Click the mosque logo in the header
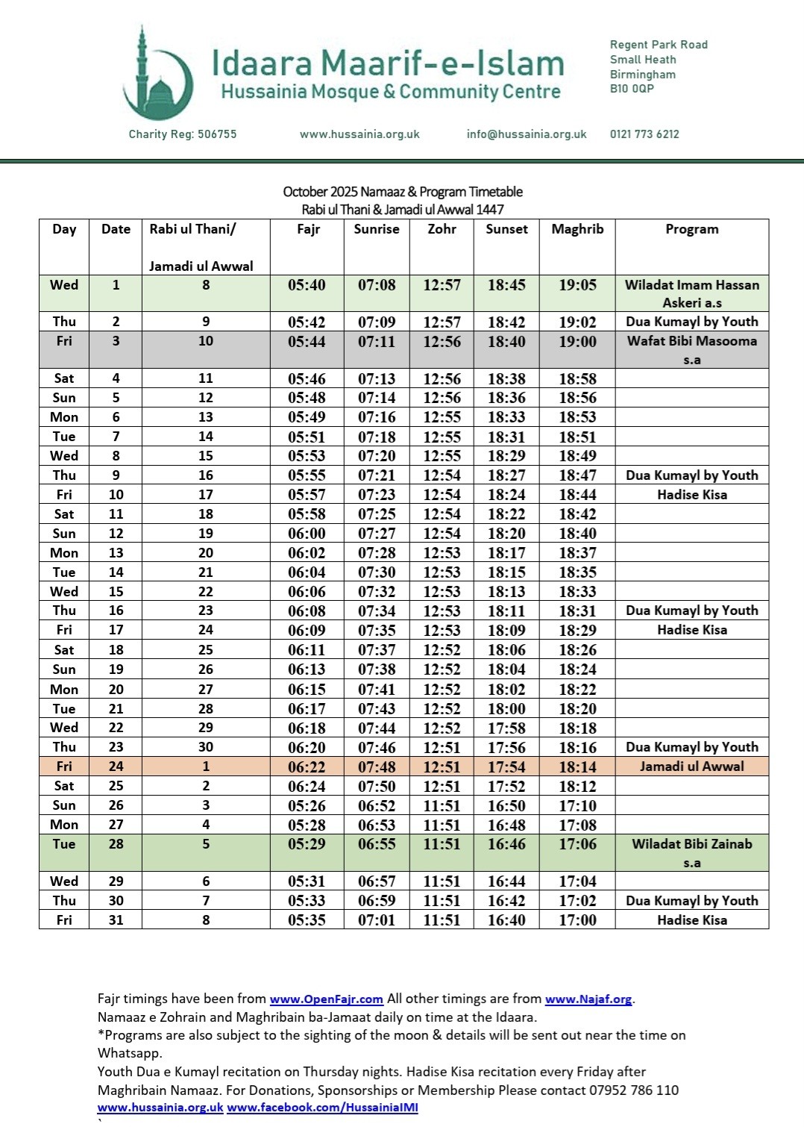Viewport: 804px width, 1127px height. (x=157, y=75)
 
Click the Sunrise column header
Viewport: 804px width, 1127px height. (x=376, y=229)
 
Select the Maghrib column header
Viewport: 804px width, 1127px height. (x=577, y=229)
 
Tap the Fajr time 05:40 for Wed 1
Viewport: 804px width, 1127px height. (x=307, y=285)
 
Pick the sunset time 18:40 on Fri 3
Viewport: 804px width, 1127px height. (x=506, y=342)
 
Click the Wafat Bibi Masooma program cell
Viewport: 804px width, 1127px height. (x=691, y=349)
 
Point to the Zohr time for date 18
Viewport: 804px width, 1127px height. (x=442, y=650)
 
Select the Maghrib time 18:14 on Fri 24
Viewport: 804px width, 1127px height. (x=577, y=767)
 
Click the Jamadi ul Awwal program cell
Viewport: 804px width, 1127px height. (x=691, y=767)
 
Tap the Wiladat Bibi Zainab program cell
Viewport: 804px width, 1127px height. (x=691, y=852)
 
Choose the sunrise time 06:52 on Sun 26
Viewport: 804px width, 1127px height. (x=376, y=806)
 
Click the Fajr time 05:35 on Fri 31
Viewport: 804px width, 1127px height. (x=307, y=920)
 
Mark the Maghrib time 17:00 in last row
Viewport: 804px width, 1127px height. (x=577, y=920)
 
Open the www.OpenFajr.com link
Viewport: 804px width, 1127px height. (x=326, y=999)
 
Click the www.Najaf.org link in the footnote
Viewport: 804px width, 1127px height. (x=588, y=999)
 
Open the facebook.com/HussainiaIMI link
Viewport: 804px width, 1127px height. (x=322, y=1108)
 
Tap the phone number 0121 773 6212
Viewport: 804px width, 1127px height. (x=644, y=134)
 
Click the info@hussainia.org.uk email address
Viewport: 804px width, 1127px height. (x=527, y=134)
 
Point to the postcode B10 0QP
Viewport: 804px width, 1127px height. (x=632, y=89)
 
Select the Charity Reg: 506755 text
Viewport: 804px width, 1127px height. (x=183, y=134)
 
